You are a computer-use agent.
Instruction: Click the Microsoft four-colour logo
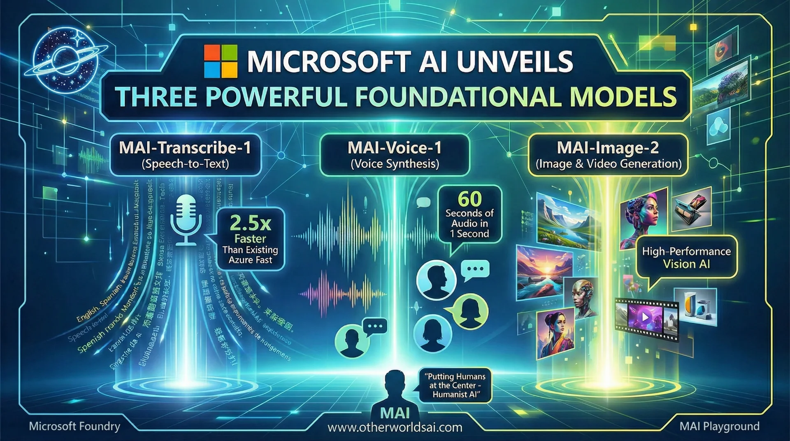221,61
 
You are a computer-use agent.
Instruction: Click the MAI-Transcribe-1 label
185,148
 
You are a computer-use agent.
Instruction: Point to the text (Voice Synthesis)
395,164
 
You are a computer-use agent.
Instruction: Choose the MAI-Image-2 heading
608,148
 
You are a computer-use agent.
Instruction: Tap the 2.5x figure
250,223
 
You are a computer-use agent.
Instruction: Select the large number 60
469,199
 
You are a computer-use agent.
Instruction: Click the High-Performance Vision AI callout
686,258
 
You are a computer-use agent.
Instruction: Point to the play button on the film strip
645,317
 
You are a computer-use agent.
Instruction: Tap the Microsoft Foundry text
74,426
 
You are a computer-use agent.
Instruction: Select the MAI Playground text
719,426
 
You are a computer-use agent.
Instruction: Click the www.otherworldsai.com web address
395,427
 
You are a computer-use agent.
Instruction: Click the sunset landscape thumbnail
544,272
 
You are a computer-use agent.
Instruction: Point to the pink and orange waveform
342,293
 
